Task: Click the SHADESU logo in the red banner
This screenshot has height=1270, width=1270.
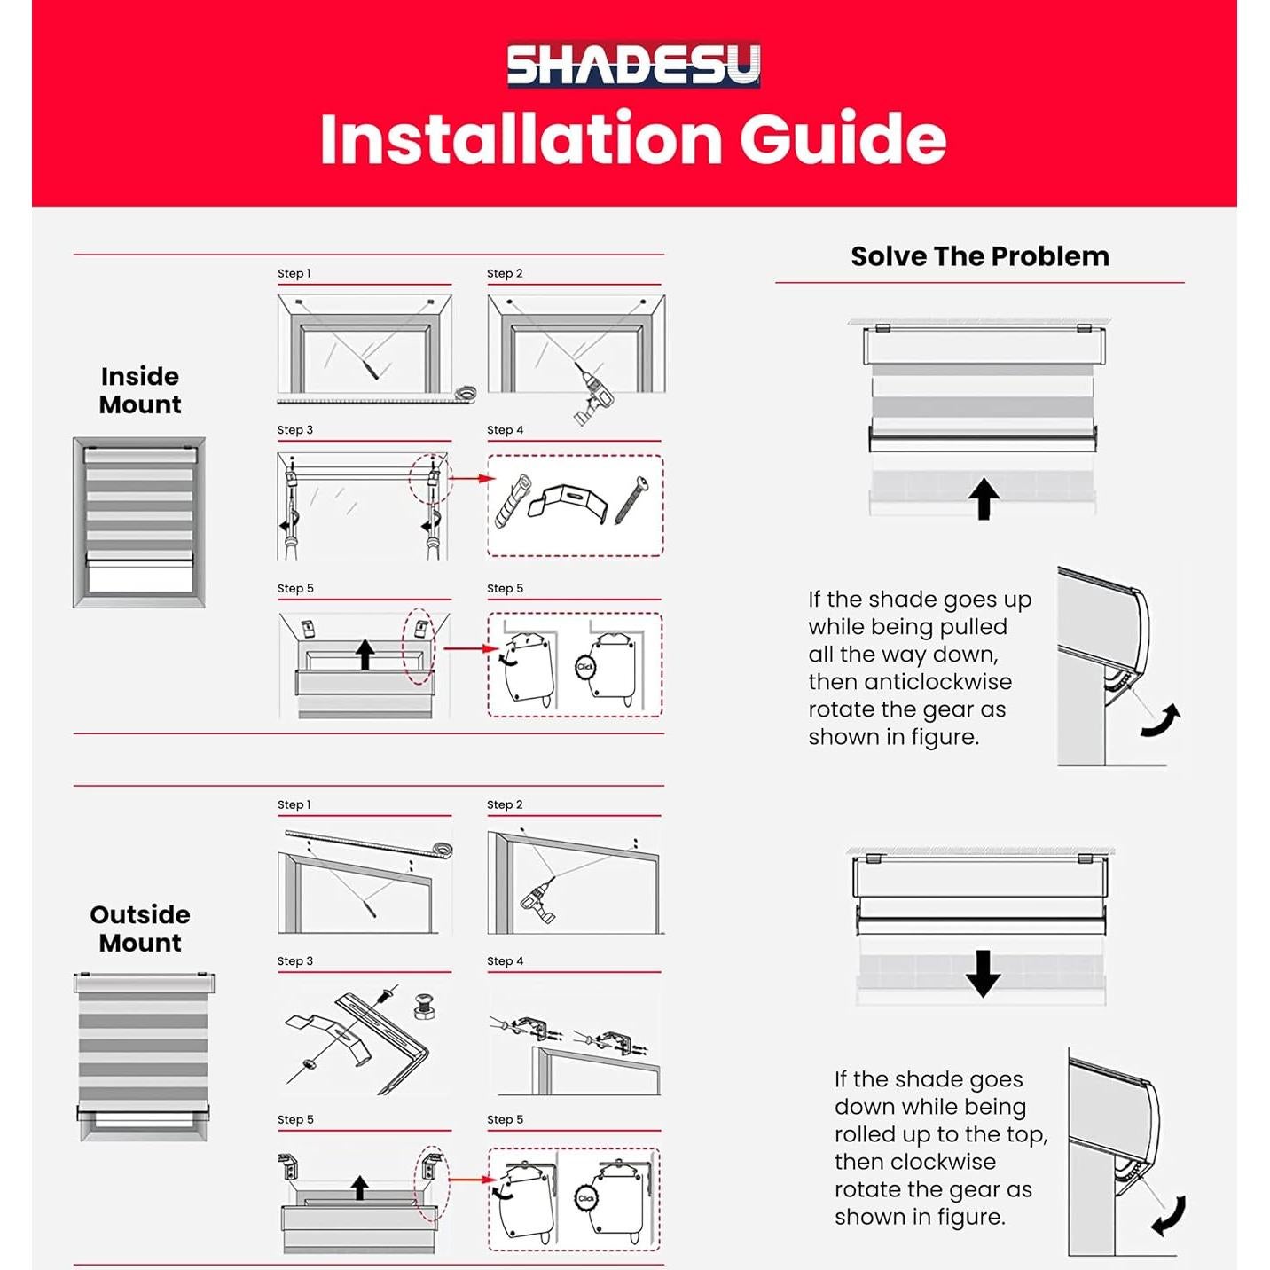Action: pos(633,65)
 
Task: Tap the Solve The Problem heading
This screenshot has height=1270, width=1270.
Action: pos(979,256)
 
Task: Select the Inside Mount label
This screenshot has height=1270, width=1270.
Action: pos(140,390)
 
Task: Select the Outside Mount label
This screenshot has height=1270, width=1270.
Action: pos(140,929)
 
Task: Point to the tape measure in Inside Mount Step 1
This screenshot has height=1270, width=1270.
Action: pos(465,393)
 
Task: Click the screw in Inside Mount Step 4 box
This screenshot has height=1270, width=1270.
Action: pos(631,499)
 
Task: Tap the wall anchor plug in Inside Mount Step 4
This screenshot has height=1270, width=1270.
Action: pos(513,502)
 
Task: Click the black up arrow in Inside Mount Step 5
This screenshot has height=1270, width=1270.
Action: pos(365,655)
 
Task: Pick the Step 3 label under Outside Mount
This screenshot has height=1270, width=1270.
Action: pos(295,961)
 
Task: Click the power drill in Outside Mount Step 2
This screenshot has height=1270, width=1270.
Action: pos(538,900)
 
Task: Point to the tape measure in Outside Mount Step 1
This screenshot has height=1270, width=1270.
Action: pos(442,851)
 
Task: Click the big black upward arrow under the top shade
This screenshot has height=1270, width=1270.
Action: pos(983,498)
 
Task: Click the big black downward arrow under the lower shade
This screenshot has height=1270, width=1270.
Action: pos(983,973)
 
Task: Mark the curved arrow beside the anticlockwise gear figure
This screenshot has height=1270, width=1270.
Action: pos(1162,722)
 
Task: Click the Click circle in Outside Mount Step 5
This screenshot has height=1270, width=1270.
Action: pos(586,1198)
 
